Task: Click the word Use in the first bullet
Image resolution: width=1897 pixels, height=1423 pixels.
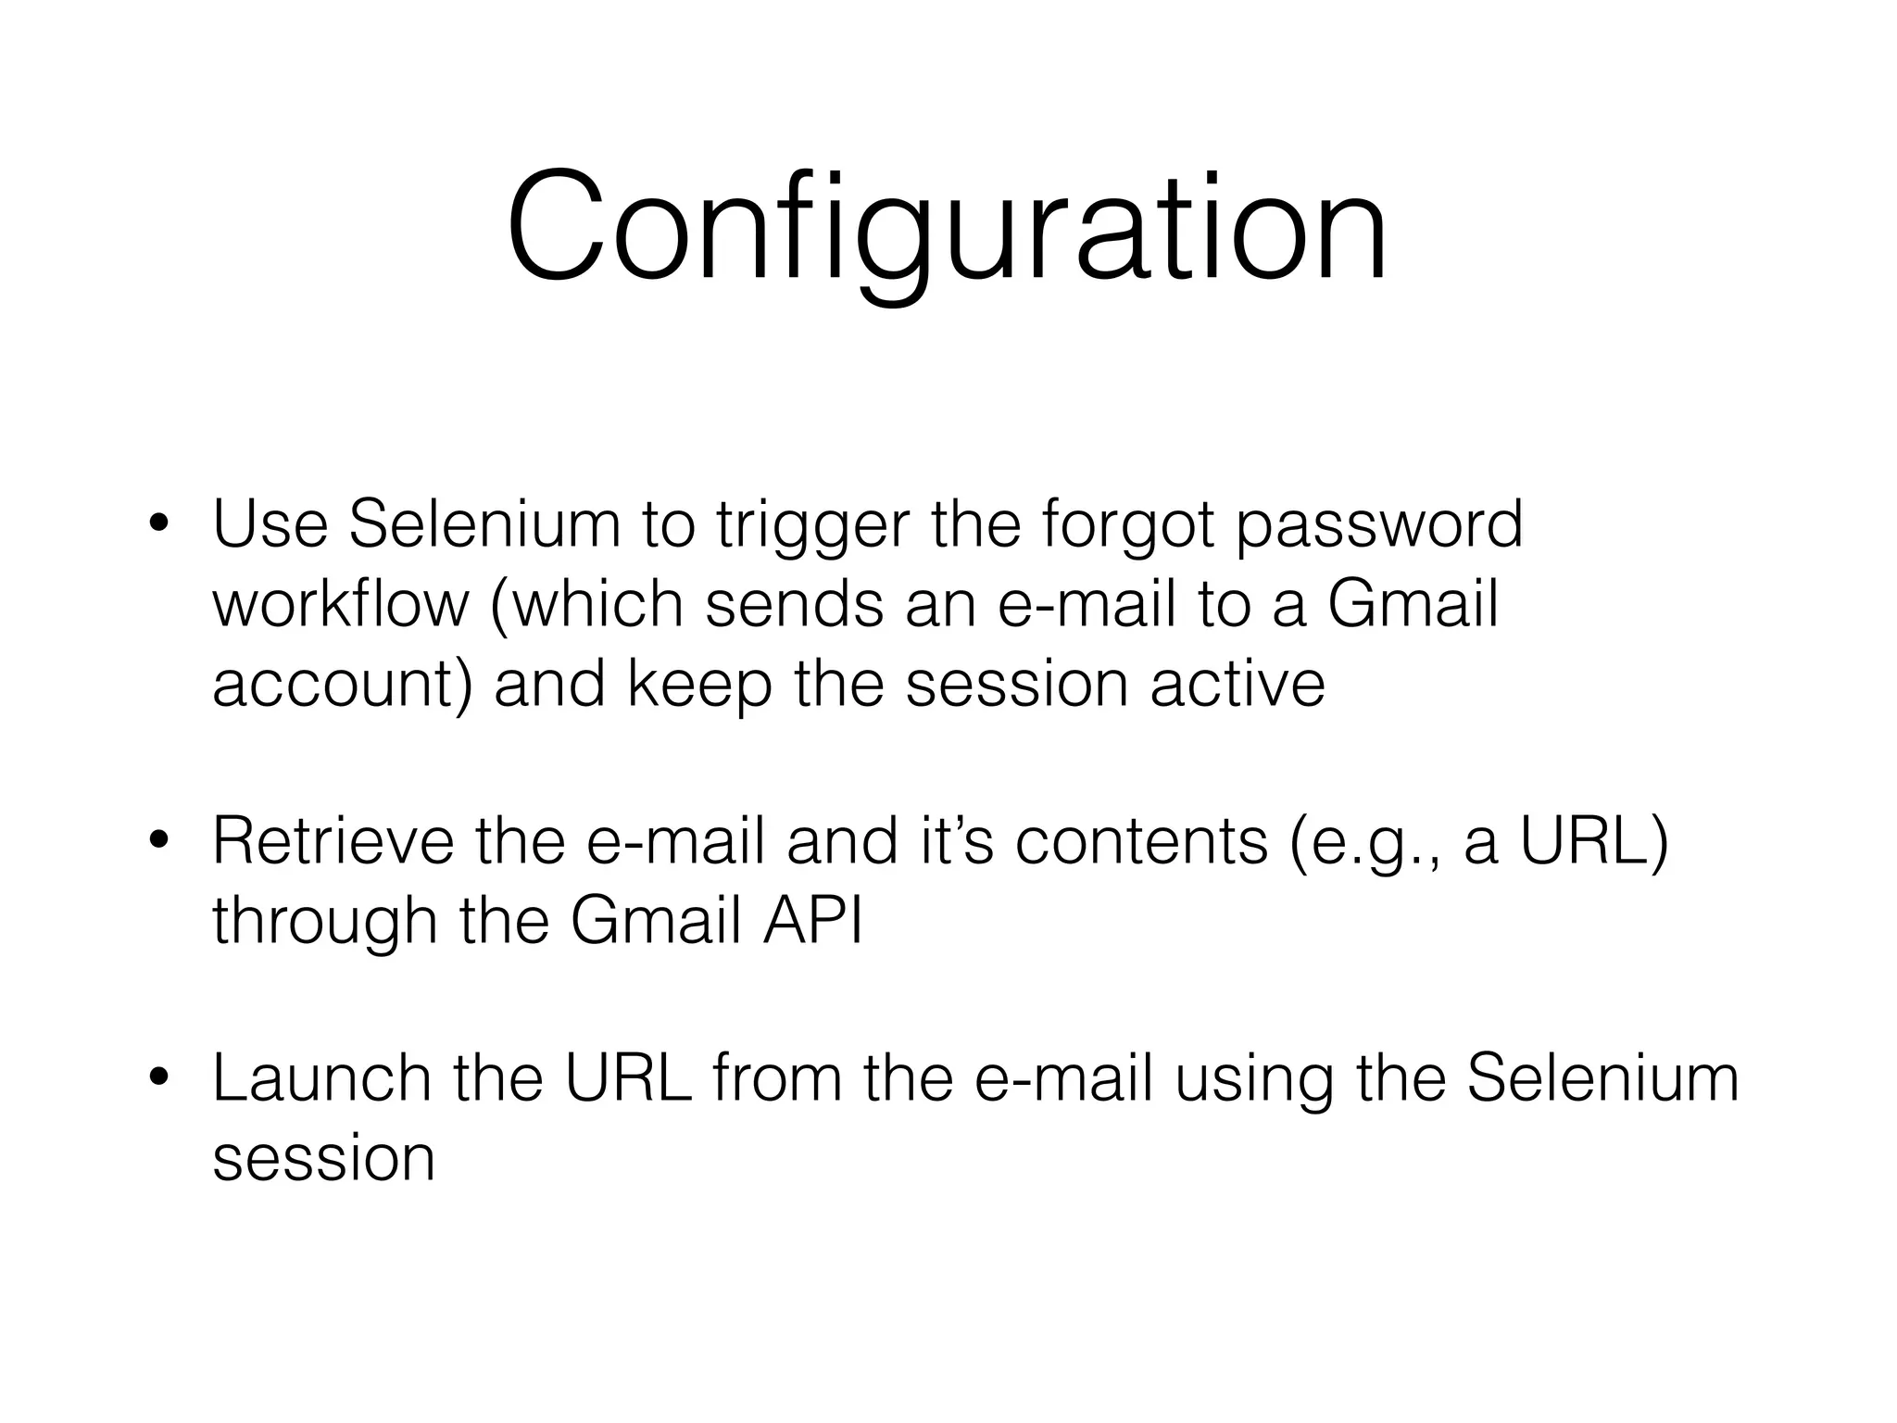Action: coord(270,524)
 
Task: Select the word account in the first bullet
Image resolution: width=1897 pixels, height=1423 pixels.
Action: coord(333,686)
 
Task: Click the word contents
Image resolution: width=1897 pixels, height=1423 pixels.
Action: coord(1141,843)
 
